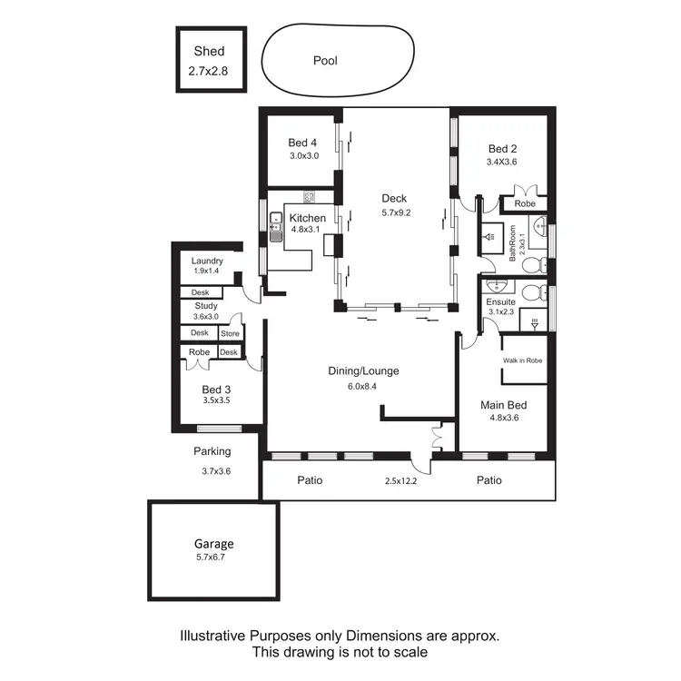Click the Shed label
pos(209,52)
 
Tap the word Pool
pos(325,61)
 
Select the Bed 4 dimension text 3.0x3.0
pos(302,156)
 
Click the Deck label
pos(394,199)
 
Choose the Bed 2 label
pos(502,149)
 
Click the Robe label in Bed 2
pos(525,203)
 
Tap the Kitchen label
pos(307,218)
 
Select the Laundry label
pos(207,261)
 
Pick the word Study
pos(205,306)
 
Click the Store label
pos(230,333)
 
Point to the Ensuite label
pos(500,301)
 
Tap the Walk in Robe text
pos(522,360)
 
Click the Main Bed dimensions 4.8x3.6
pos(504,419)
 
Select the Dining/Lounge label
pos(363,370)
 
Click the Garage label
pos(212,544)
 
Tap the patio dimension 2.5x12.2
pos(401,480)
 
